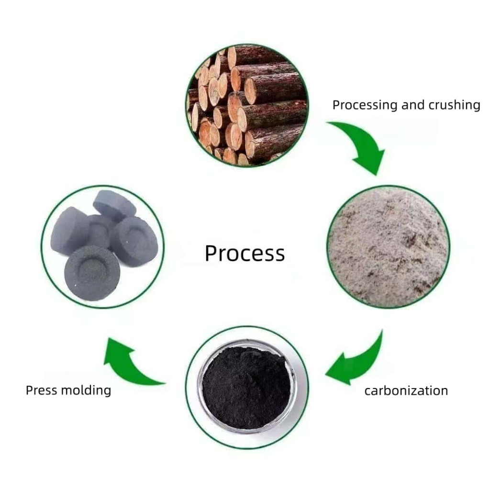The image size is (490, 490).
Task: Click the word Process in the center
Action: (x=245, y=253)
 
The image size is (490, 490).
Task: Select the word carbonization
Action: (x=406, y=390)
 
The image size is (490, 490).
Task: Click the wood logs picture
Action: (x=247, y=105)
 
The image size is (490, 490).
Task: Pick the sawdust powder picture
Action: (x=388, y=246)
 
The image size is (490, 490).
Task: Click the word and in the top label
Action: (x=410, y=105)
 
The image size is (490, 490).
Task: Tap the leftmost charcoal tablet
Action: (x=69, y=230)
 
